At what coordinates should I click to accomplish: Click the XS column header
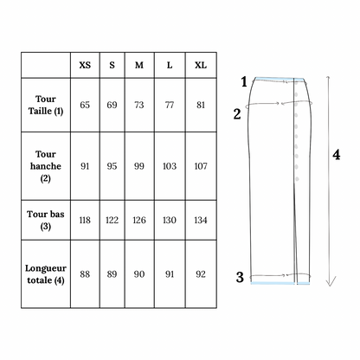85,65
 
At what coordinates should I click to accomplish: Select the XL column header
201,65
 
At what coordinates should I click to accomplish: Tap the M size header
139,65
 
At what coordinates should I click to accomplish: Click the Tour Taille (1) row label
46,105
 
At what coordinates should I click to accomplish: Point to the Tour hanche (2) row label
46,166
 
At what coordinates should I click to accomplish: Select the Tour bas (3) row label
46,220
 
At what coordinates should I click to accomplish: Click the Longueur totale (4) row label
46,274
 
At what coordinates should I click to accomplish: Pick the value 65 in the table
85,105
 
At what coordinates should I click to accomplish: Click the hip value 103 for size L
170,166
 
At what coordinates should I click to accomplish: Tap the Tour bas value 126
139,221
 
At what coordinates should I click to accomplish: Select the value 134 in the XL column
201,221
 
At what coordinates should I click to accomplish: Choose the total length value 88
85,274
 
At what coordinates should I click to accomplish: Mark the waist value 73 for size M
139,105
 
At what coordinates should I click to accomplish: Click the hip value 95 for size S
112,166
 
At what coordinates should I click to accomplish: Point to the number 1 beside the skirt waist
244,81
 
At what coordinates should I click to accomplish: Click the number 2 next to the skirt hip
237,114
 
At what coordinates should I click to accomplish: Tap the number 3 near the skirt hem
240,277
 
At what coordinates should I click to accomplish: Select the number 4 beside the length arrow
337,155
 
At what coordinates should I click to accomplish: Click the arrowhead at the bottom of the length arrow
331,286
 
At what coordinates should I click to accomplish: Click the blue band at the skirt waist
280,78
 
